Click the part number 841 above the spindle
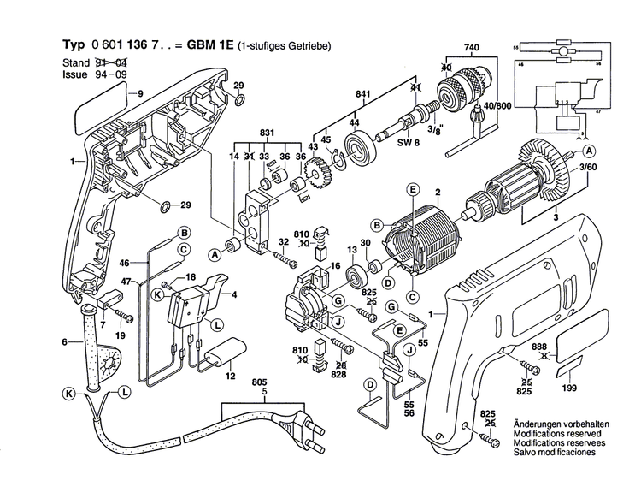[x=362, y=94]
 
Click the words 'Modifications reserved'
[x=553, y=433]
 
